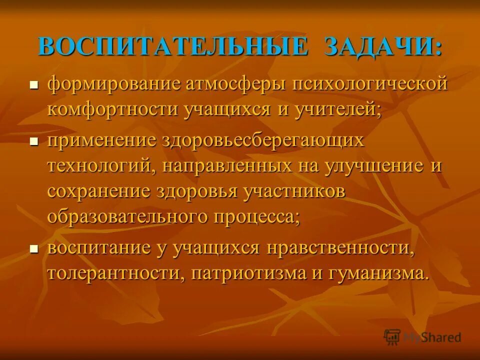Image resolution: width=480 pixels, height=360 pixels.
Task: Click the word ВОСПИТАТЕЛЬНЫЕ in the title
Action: [x=172, y=46]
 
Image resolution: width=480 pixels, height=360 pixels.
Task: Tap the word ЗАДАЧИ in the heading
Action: [x=383, y=46]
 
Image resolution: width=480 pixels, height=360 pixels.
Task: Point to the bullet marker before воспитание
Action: [x=34, y=248]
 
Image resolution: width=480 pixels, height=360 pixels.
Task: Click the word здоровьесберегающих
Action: [x=262, y=140]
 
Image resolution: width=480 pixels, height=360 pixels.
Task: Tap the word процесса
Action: [x=257, y=217]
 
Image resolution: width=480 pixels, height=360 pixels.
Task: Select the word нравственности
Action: [x=337, y=247]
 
